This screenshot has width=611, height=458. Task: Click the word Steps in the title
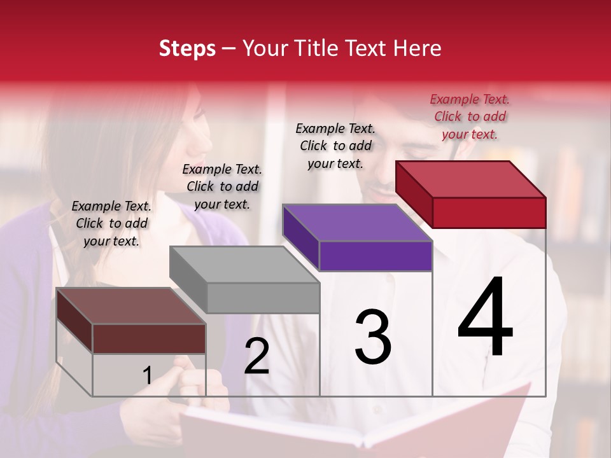click(x=187, y=48)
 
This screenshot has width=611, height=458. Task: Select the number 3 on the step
click(x=372, y=337)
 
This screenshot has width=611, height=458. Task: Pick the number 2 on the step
click(x=256, y=356)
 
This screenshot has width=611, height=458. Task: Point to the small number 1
click(x=147, y=375)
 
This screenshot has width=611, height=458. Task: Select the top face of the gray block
click(x=244, y=265)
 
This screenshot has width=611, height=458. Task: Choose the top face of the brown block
click(x=131, y=306)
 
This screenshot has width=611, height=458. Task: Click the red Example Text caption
click(x=470, y=116)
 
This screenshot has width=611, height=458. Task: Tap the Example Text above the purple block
click(x=335, y=146)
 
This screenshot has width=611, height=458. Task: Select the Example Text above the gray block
click(x=222, y=186)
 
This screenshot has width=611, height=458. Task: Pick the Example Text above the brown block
click(x=111, y=223)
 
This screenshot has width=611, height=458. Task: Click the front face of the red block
click(x=489, y=212)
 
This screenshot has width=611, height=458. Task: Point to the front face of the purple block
click(x=376, y=256)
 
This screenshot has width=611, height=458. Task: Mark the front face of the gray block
click(x=263, y=298)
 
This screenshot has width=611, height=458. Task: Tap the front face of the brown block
click(x=149, y=338)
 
